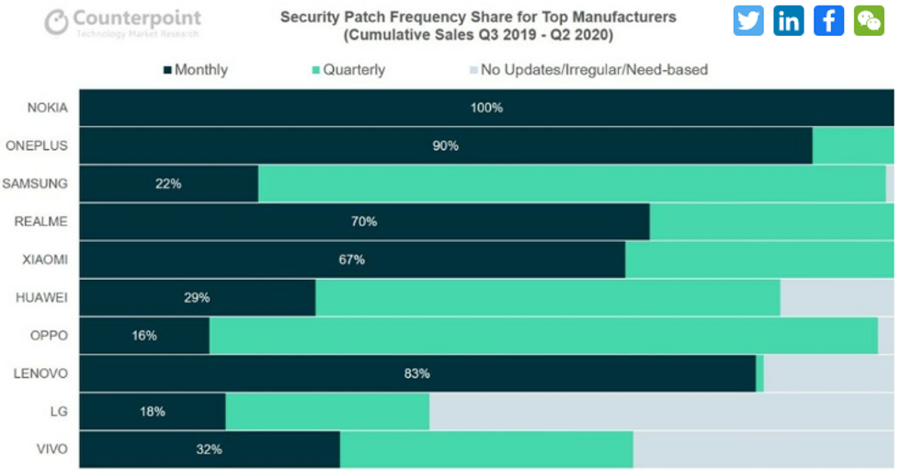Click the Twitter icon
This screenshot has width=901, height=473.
(748, 20)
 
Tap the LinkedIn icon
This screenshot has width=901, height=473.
(789, 20)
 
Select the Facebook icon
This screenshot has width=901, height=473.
(828, 20)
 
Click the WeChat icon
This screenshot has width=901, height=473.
(869, 20)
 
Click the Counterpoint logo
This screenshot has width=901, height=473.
(122, 22)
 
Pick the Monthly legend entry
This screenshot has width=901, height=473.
(195, 69)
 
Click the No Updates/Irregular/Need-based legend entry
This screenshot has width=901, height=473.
(587, 69)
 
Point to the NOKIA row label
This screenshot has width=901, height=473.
(47, 108)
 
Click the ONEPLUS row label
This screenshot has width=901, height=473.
(37, 145)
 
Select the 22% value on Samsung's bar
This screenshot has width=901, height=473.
(168, 184)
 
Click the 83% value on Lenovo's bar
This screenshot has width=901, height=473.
(417, 374)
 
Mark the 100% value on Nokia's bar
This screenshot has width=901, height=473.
(486, 108)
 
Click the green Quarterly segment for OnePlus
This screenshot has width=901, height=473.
(852, 145)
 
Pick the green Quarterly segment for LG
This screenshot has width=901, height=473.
(327, 411)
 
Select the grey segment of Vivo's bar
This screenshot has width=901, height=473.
(763, 450)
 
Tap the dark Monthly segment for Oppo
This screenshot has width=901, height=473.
(144, 336)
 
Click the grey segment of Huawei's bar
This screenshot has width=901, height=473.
(837, 297)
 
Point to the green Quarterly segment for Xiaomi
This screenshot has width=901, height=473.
(759, 260)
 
